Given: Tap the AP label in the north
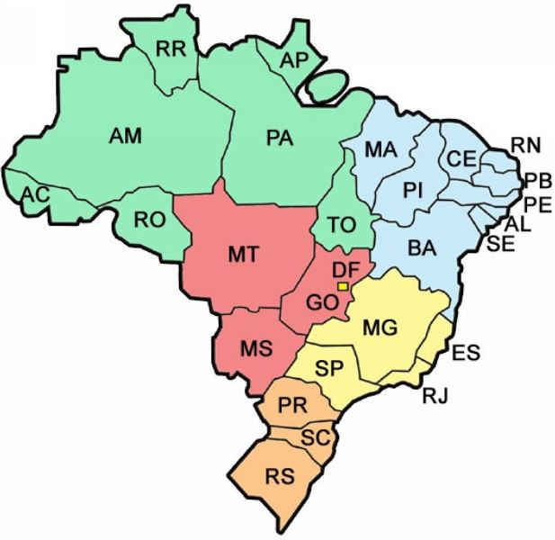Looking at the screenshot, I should coord(295,59).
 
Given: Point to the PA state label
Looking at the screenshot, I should coord(282,137).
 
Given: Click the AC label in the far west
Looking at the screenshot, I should coord(36,193).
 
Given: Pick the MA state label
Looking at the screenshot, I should coord(381,150).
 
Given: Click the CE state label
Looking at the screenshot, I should coord(461,158).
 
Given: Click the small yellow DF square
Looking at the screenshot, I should coord(342,285).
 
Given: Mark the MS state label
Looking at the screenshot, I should coord(254,347).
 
